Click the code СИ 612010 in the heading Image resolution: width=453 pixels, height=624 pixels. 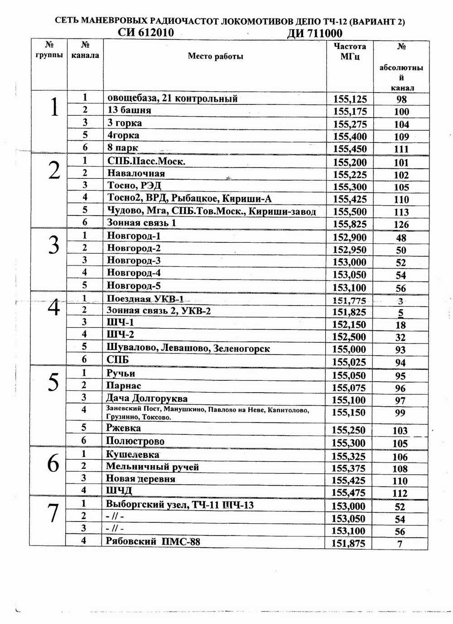point(145,33)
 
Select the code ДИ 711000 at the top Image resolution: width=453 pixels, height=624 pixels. point(314,34)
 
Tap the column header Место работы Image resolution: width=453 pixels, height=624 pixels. point(215,56)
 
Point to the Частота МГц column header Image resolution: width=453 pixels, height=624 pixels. point(350,51)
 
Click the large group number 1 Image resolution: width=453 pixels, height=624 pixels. point(54,108)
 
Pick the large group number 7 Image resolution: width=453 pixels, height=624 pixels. point(53,513)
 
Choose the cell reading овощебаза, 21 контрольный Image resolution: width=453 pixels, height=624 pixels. point(172,98)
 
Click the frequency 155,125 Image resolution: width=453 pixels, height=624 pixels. point(350,99)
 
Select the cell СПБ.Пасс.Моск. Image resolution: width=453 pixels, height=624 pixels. point(146,161)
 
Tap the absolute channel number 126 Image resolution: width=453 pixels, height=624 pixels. point(401,224)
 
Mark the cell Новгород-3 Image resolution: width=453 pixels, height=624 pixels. point(134,260)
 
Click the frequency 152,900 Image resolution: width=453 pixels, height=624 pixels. point(350,237)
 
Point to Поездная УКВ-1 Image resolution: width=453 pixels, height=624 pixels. point(145,299)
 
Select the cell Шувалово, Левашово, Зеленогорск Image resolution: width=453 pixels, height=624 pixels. point(188,348)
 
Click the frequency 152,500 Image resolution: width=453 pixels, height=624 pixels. point(349,337)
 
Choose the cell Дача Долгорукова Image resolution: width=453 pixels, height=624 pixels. point(147,398)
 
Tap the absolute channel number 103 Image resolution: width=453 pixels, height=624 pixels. point(400,431)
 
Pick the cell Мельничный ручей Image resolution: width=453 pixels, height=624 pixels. point(152,467)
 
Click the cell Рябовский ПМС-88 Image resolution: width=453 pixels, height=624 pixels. point(153,541)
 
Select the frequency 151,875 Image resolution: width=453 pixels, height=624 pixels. point(348,543)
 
